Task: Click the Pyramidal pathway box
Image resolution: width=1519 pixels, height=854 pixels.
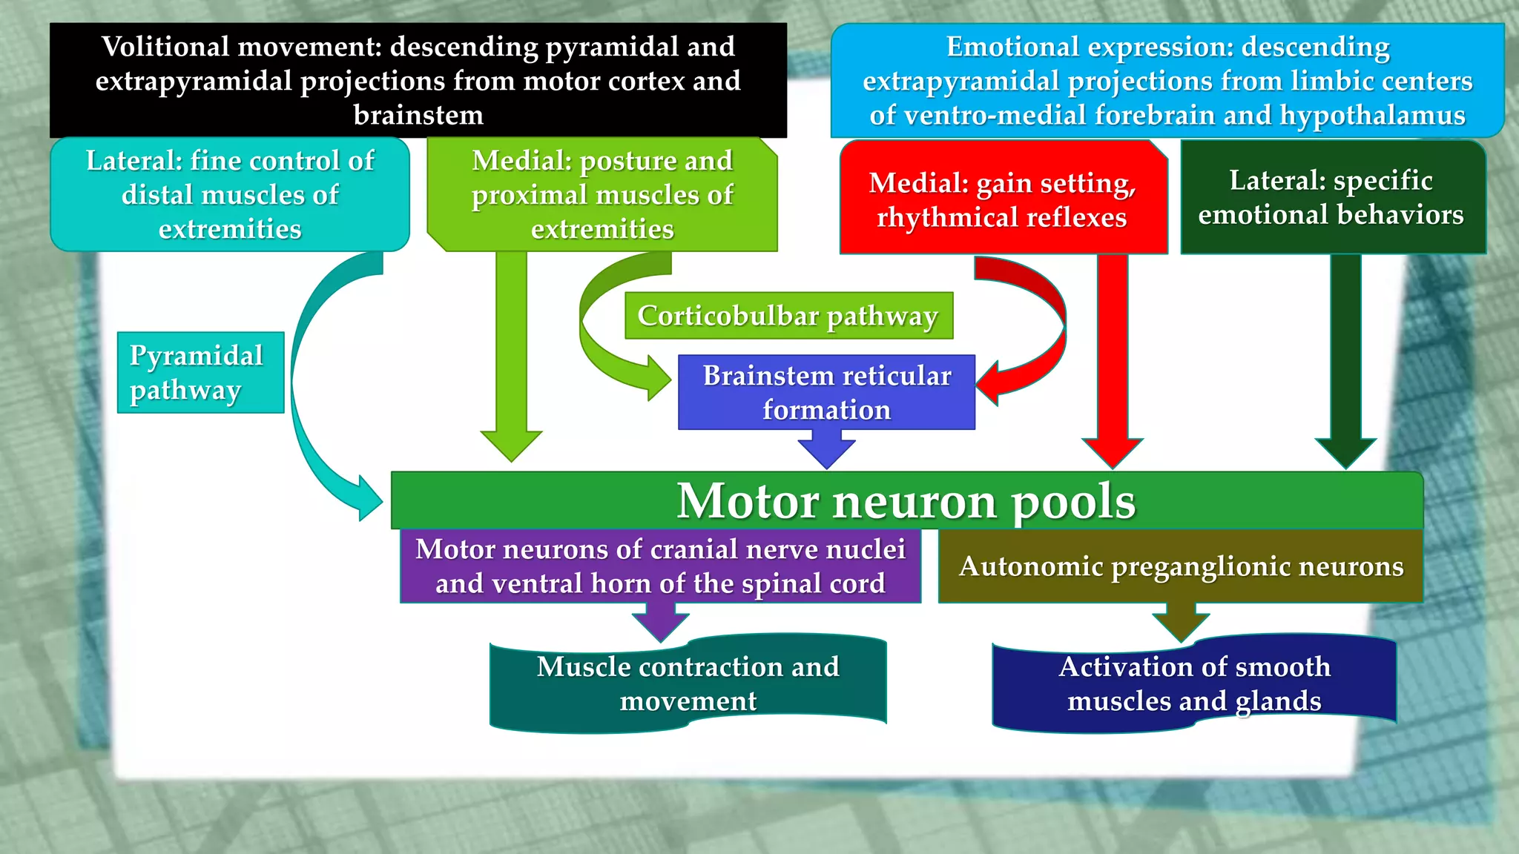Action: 200,372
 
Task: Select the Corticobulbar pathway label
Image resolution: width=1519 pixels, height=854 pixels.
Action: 788,316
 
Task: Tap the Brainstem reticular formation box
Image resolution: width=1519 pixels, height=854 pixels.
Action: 826,392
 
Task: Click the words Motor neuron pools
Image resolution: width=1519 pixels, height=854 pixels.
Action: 906,501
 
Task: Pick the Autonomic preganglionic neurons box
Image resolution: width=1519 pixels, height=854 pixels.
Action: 1180,566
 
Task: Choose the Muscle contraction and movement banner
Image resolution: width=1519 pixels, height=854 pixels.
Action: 688,683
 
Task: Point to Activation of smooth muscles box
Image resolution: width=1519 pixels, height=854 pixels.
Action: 1193,683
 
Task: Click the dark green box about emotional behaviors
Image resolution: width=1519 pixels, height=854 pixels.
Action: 1332,197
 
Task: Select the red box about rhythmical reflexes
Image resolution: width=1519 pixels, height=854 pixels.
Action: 1002,199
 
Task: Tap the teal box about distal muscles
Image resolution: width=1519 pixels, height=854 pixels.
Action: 230,194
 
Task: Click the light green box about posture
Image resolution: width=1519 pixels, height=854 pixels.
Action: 602,194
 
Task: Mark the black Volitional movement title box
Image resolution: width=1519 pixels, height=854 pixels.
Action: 418,80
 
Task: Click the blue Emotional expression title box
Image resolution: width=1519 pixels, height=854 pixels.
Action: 1167,80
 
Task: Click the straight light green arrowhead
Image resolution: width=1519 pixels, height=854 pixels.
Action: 511,446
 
